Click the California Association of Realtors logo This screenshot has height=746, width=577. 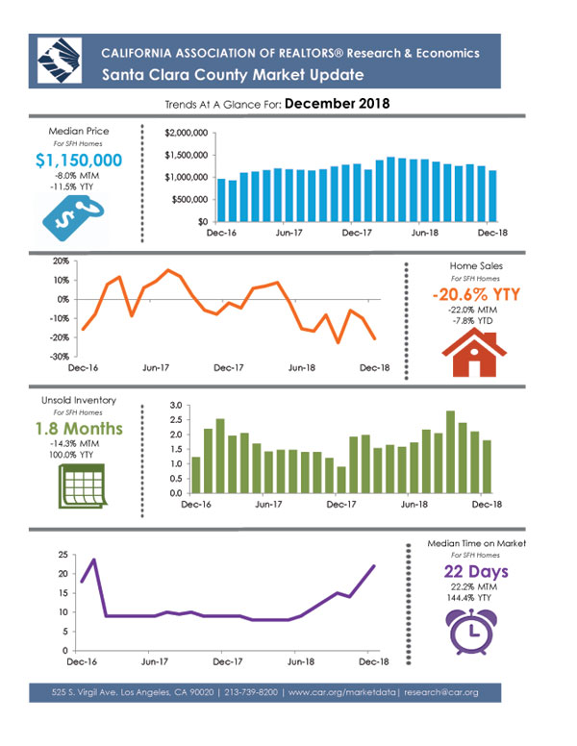click(x=60, y=61)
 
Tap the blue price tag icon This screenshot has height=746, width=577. click(x=73, y=218)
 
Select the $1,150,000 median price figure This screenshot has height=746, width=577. click(x=79, y=161)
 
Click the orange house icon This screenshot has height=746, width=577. click(x=474, y=353)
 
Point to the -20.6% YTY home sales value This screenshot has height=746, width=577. click(x=476, y=294)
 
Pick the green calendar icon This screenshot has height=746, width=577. click(x=83, y=485)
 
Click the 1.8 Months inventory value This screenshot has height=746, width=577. click(x=79, y=429)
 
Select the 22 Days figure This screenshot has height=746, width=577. click(x=476, y=571)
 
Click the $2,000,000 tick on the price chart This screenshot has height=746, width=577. click(x=187, y=134)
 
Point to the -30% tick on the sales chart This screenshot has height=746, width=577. click(x=60, y=357)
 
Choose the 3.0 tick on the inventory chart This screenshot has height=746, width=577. click(x=176, y=406)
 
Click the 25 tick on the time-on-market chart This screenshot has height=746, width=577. click(x=63, y=555)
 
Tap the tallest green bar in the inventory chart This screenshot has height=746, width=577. click(x=450, y=452)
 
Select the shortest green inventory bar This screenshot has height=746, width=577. click(x=340, y=480)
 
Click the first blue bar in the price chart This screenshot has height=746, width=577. click(x=221, y=200)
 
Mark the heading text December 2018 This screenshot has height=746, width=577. click(x=337, y=103)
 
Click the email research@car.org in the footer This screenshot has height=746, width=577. click(x=441, y=692)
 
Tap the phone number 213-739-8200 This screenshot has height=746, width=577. click(x=251, y=692)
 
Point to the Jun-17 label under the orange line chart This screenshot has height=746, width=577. click(x=156, y=368)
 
